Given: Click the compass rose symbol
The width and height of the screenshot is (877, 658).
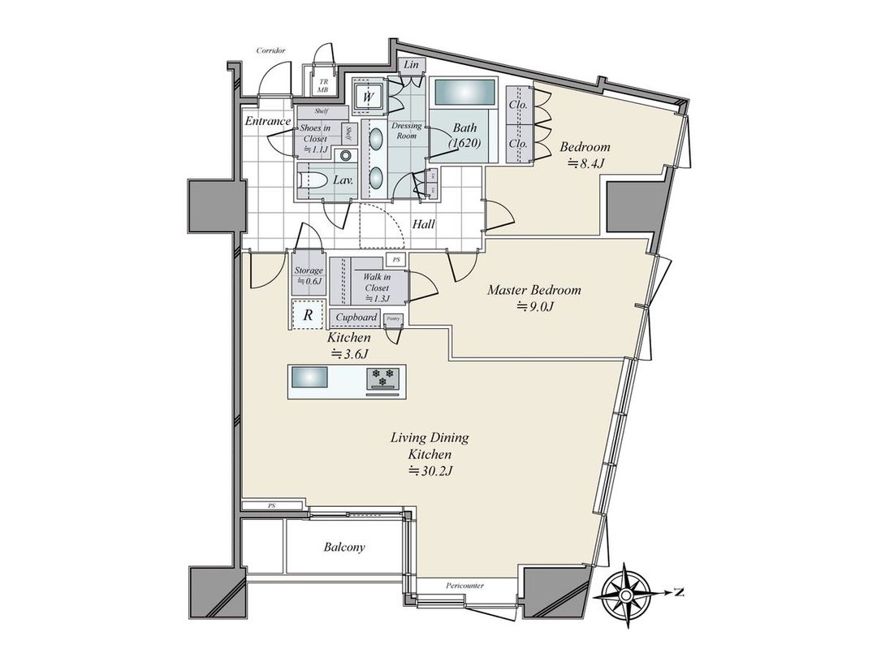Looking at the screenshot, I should (627, 593).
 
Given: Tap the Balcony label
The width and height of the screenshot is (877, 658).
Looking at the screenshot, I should (344, 548).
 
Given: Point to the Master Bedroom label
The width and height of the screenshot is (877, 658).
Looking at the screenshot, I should (534, 290).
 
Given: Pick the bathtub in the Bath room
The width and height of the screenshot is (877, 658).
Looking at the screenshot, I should (463, 93).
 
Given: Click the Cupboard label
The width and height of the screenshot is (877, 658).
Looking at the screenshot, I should (356, 317).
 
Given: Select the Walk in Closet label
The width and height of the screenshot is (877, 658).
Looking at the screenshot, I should (376, 283).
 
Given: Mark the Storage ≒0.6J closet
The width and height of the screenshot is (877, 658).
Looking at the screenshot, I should (309, 275).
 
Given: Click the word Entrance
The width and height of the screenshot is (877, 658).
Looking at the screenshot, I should (267, 122).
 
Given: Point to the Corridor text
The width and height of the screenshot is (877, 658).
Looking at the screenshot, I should (270, 50).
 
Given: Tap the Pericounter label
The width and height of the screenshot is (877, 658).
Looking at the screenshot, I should (465, 585).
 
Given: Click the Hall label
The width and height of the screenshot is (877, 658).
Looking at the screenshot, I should (423, 223).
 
